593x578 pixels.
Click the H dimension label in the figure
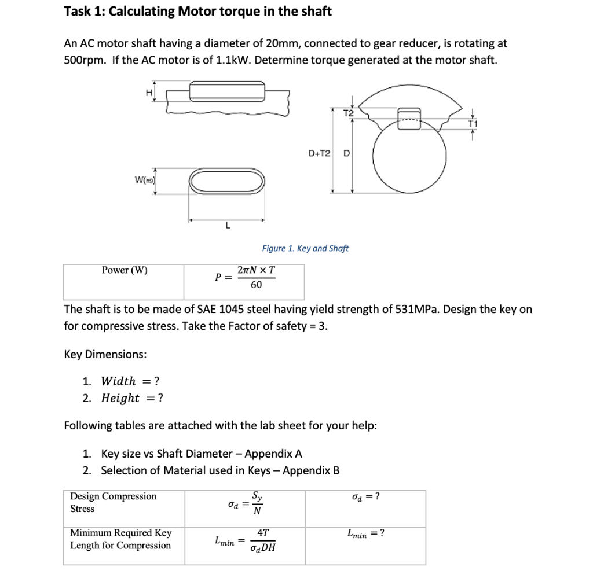click(x=148, y=92)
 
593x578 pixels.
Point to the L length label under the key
click(x=227, y=226)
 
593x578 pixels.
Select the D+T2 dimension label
click(x=320, y=153)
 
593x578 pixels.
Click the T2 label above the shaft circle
click(x=347, y=113)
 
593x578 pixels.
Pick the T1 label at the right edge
click(x=473, y=123)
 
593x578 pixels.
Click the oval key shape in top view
click(x=227, y=183)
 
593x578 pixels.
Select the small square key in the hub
click(x=409, y=116)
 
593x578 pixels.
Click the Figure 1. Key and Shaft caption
click(x=305, y=248)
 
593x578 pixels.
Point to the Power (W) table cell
click(x=125, y=270)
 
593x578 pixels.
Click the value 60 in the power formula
click(x=256, y=285)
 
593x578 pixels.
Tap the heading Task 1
click(x=197, y=12)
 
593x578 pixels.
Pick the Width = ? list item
click(x=130, y=381)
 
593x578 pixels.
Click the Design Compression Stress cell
click(x=114, y=502)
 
